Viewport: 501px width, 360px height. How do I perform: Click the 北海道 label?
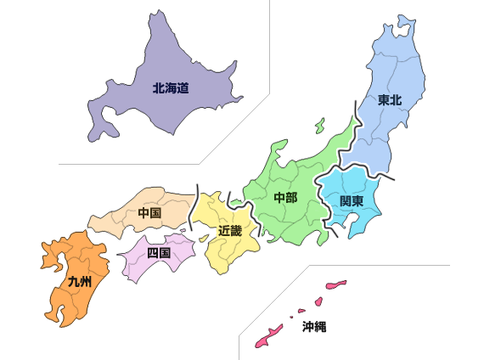click(170, 87)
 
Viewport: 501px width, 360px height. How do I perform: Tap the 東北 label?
click(390, 100)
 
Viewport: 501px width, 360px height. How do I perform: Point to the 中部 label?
click(285, 198)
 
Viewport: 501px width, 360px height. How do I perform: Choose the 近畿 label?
click(229, 230)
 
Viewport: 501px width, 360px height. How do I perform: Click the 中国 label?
click(149, 213)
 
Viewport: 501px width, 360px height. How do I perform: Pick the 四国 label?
click(159, 252)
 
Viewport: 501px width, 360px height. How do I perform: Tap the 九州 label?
click(79, 280)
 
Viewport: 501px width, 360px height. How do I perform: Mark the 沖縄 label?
click(313, 325)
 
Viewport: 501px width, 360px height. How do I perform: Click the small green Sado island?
click(319, 126)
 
